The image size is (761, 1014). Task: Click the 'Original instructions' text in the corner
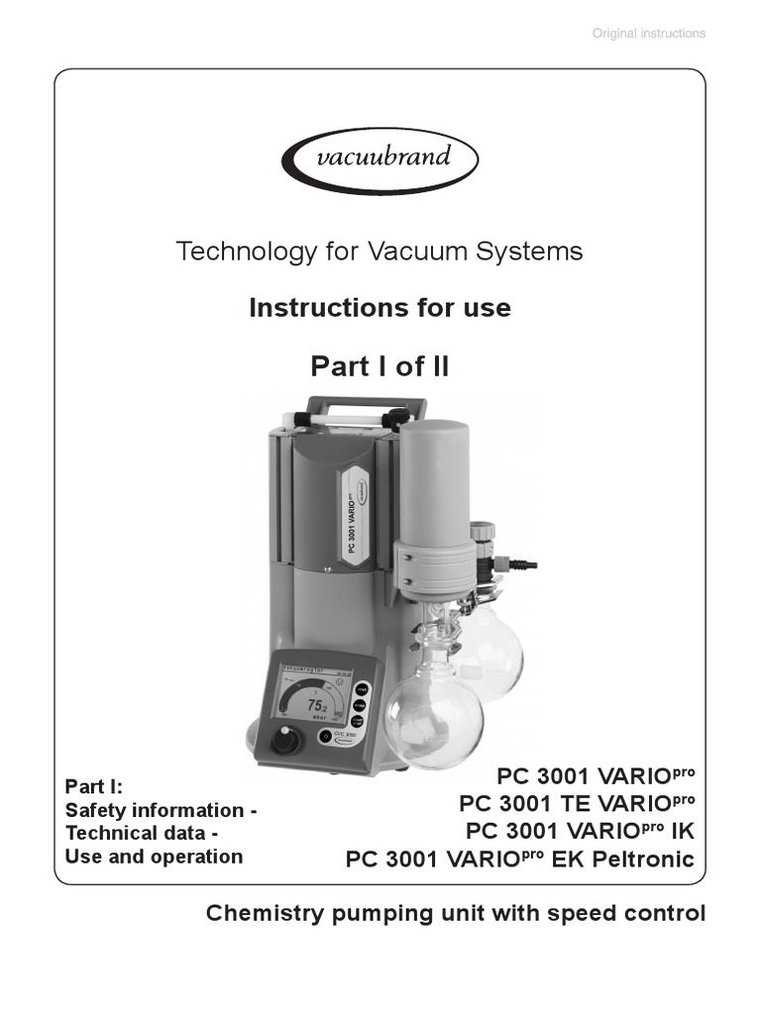[x=648, y=34]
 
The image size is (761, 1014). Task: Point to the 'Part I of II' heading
[x=380, y=366]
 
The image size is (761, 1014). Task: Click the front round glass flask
[x=433, y=716]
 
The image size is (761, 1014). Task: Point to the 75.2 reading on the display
[x=317, y=706]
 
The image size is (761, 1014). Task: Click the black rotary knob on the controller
[x=284, y=739]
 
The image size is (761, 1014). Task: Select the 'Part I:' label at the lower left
[x=94, y=787]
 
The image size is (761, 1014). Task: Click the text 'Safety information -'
[x=161, y=811]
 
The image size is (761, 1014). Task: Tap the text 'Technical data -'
[x=141, y=834]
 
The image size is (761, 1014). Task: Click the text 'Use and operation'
[x=154, y=857]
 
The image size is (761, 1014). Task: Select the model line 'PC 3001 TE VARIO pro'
[x=578, y=801]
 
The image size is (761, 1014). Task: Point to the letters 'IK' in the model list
[x=682, y=830]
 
